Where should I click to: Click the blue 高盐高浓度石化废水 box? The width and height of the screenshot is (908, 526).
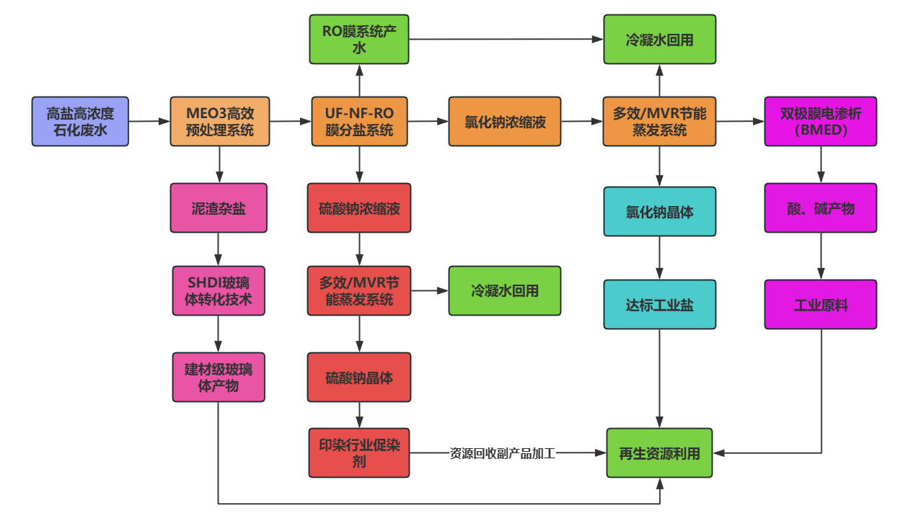(80, 122)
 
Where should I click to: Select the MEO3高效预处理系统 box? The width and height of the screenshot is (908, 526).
(219, 122)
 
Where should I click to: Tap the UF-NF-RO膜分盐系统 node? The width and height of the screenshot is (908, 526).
(359, 122)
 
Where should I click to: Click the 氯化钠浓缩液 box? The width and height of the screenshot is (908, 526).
(505, 122)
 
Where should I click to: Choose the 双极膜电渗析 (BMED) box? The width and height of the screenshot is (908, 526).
(821, 122)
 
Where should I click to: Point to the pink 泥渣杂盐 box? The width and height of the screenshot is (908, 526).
(219, 208)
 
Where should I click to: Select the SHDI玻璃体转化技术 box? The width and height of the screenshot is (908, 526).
(219, 291)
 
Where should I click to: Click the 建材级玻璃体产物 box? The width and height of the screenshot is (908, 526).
(219, 377)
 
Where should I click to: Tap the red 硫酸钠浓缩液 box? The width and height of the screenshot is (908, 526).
(359, 208)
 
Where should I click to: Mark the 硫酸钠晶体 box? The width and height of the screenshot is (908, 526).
(359, 377)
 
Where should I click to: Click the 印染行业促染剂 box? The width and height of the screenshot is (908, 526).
(359, 453)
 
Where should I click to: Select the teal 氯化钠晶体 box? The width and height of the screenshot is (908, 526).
(660, 212)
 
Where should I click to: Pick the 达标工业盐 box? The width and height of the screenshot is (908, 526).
(660, 304)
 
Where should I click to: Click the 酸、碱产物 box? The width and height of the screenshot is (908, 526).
(821, 208)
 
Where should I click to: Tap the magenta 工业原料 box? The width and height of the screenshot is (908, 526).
(821, 304)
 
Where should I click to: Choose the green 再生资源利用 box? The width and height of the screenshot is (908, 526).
(659, 453)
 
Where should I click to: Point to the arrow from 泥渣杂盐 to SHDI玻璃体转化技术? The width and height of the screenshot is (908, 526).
(219, 249)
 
